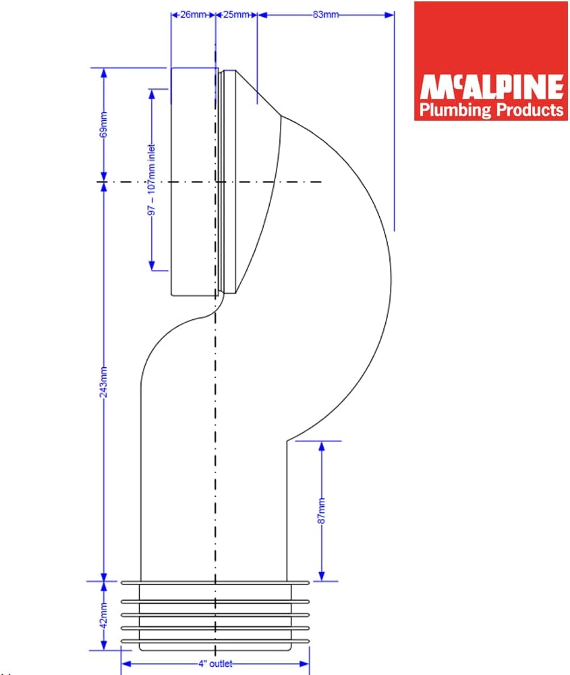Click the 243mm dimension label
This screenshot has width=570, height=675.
[103, 383]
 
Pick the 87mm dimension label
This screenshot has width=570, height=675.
[322, 510]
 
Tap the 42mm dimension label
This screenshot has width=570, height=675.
[103, 615]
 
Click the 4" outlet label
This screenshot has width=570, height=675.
[215, 664]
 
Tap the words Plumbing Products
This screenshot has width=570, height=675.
[490, 109]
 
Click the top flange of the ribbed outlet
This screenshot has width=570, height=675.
[215, 582]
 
